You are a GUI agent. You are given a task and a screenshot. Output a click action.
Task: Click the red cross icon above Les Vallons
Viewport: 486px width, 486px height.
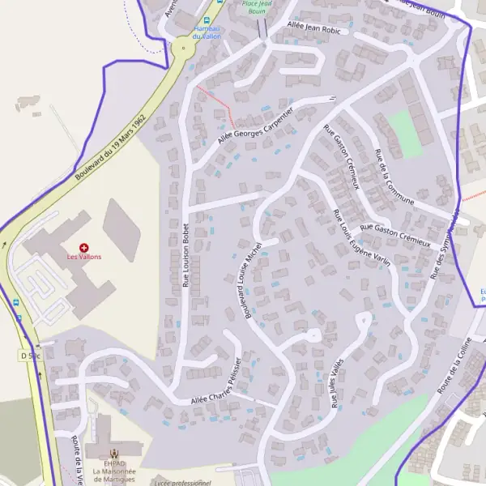(83, 246)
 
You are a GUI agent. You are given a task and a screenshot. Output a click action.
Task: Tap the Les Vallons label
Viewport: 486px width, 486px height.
(83, 257)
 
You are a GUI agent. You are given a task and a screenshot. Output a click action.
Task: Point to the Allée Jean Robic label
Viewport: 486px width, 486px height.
(314, 28)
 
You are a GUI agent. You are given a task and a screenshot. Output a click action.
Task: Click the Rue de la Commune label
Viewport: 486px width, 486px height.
(395, 177)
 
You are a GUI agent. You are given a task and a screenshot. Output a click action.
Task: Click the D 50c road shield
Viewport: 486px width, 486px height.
(29, 355)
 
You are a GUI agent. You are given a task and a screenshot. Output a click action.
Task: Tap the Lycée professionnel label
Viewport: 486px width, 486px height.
(182, 483)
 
